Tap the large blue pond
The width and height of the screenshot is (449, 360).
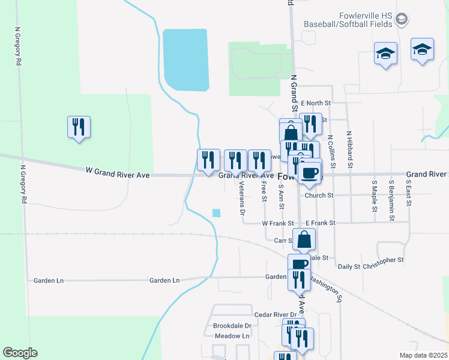pyautogui.click(x=185, y=59)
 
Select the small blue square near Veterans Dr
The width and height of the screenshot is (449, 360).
pyautogui.click(x=216, y=212)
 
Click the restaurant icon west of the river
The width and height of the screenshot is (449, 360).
pyautogui.click(x=79, y=127)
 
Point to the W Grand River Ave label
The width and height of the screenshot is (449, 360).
pyautogui.click(x=116, y=175)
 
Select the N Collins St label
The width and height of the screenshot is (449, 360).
pyautogui.click(x=331, y=151)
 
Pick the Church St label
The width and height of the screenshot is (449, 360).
pyautogui.click(x=319, y=195)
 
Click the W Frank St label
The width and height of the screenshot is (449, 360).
pyautogui.click(x=277, y=223)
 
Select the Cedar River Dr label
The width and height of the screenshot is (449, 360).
pyautogui.click(x=276, y=314)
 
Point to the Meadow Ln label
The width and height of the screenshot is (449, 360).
pyautogui.click(x=232, y=336)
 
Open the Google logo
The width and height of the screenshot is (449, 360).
pyautogui.click(x=20, y=352)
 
